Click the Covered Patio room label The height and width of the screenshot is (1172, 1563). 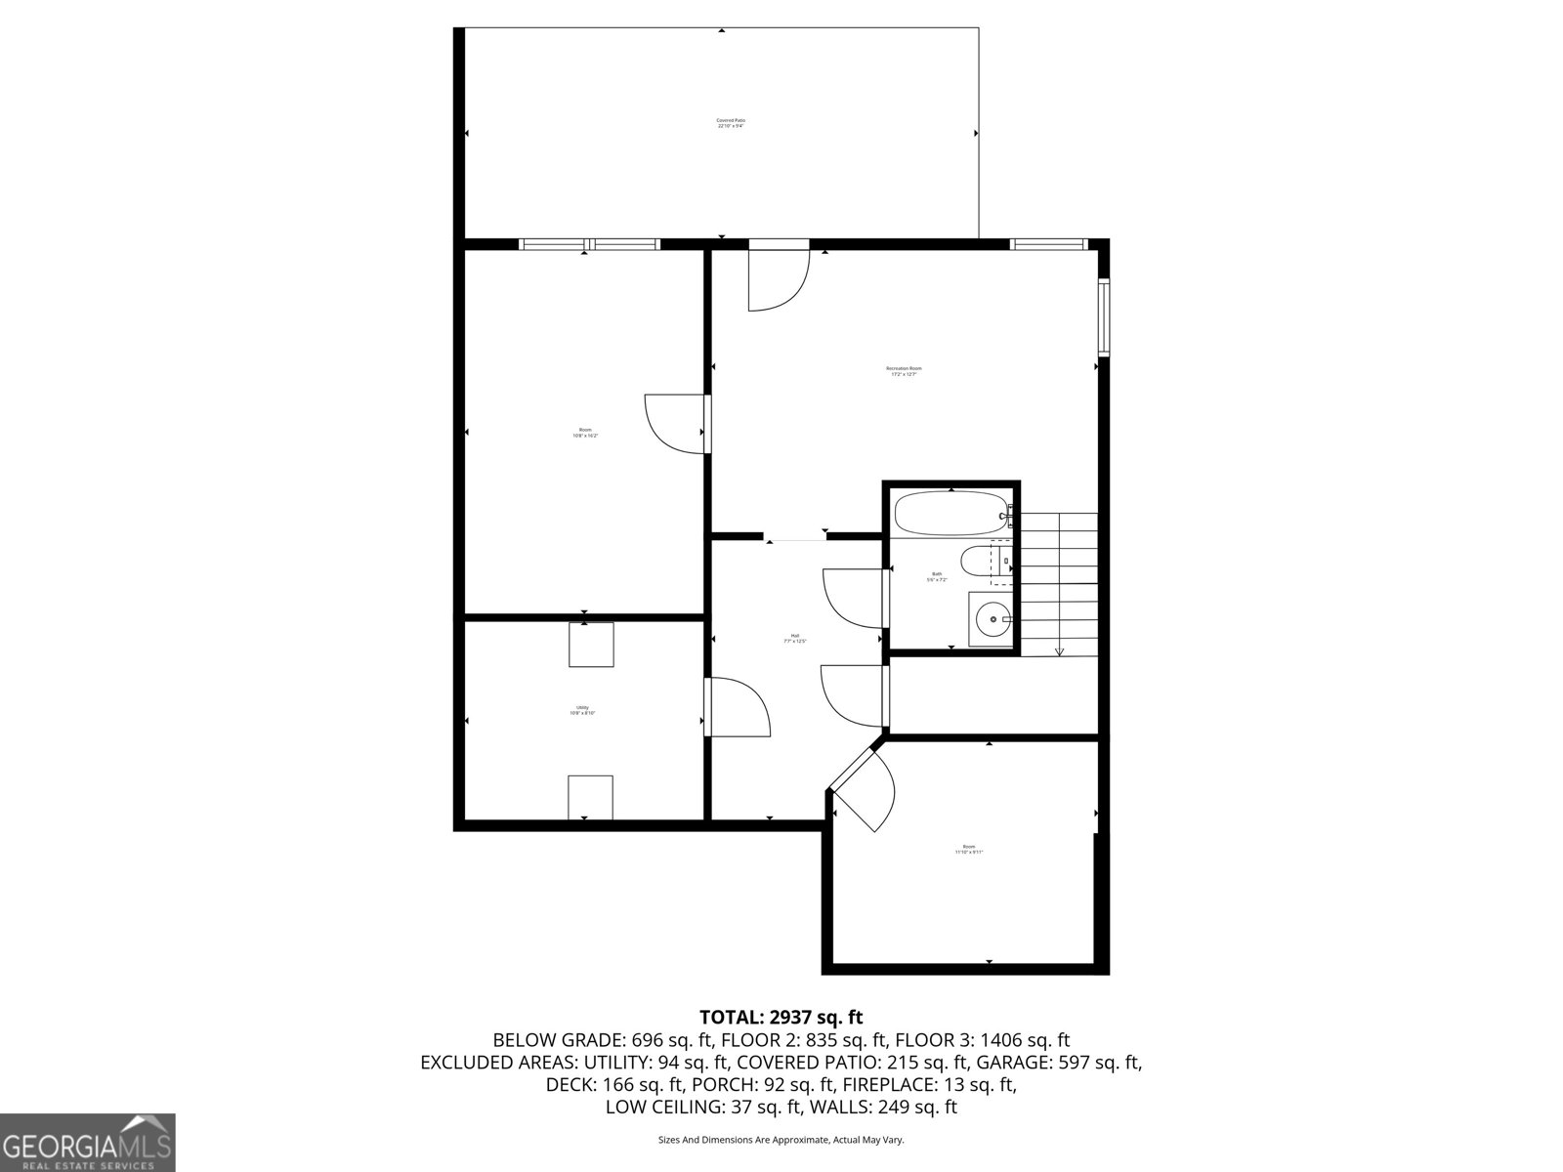pyautogui.click(x=731, y=123)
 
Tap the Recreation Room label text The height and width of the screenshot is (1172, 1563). pyautogui.click(x=904, y=371)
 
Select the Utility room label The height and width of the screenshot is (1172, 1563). pyautogui.click(x=582, y=710)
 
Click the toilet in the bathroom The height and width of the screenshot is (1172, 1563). pyautogui.click(x=977, y=563)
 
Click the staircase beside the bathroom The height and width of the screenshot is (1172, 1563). pyautogui.click(x=1059, y=583)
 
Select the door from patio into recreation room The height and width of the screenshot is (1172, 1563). pyautogui.click(x=778, y=278)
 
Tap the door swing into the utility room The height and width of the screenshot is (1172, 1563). pyautogui.click(x=739, y=708)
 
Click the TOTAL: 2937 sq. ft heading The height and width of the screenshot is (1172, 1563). pyautogui.click(x=781, y=1018)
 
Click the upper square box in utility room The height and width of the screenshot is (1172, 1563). pyautogui.click(x=591, y=645)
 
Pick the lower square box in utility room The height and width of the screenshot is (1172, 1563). pyautogui.click(x=590, y=797)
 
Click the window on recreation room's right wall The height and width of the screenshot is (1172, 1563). pyautogui.click(x=1104, y=317)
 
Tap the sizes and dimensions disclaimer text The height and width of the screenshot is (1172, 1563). pyautogui.click(x=781, y=1140)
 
